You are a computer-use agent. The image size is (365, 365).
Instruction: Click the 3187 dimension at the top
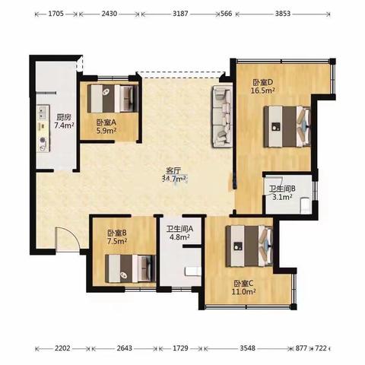[180, 14]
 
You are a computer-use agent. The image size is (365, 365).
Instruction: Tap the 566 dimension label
[227, 14]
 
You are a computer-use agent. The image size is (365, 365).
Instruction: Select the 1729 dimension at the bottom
[180, 348]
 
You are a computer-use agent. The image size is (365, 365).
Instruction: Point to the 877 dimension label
[301, 348]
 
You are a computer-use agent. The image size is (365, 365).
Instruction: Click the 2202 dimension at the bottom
[62, 348]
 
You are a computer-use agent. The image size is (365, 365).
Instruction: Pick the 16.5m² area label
[263, 90]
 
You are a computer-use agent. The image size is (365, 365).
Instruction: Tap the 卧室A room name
[106, 122]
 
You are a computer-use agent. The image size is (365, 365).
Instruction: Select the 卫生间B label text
[282, 189]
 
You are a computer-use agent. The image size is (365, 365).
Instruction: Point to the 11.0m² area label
[243, 292]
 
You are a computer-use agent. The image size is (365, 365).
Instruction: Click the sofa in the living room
[222, 116]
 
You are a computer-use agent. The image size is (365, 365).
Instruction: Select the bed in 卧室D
[287, 126]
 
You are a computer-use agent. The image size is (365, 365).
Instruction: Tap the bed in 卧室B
[131, 268]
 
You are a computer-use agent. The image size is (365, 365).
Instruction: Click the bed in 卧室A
[113, 98]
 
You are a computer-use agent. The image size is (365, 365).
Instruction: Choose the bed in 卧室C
[249, 246]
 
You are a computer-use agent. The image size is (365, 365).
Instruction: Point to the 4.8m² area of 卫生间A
[179, 237]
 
